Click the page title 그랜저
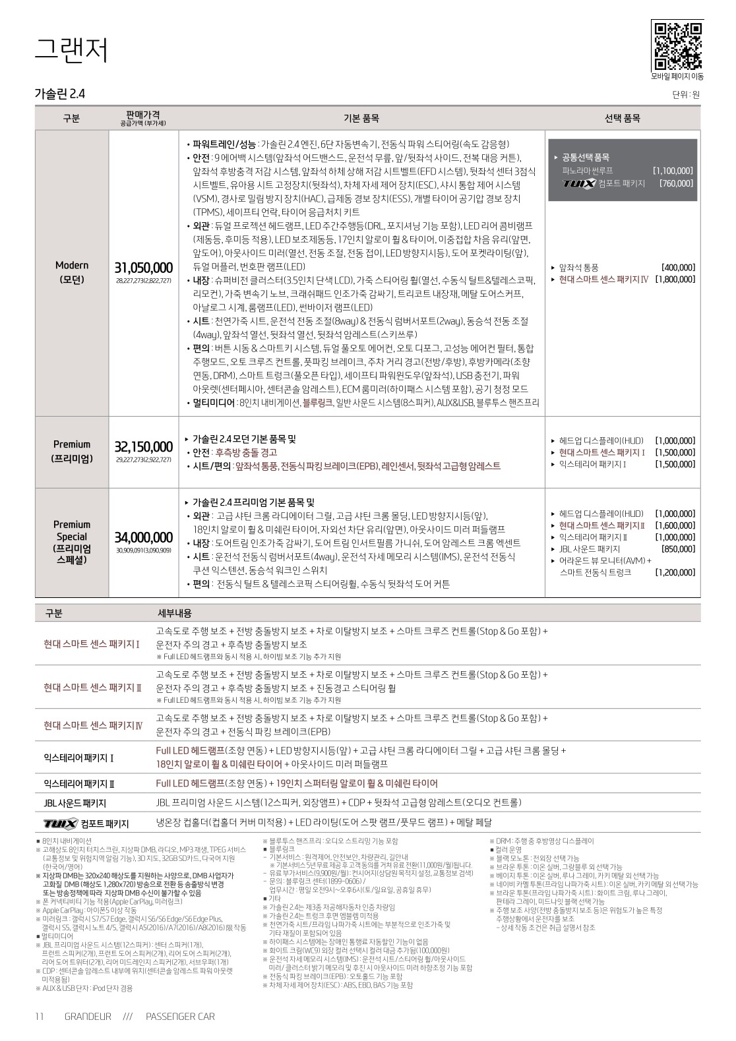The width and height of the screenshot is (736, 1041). click(x=71, y=50)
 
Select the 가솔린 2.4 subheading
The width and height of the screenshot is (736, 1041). click(x=59, y=94)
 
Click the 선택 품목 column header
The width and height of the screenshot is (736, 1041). click(x=622, y=119)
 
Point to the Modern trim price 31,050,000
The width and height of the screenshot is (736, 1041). click(x=144, y=268)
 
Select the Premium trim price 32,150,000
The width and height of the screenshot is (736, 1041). click(x=144, y=447)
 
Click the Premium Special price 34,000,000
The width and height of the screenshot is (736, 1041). click(x=144, y=537)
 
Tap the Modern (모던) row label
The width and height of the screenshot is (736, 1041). click(x=71, y=272)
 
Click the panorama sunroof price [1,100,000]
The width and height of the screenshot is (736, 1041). click(x=673, y=170)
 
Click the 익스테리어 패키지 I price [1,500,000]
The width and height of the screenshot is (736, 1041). click(x=675, y=465)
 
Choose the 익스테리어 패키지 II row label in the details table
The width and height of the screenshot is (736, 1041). click(x=79, y=784)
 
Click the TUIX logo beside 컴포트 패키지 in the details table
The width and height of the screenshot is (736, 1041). click(x=60, y=823)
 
